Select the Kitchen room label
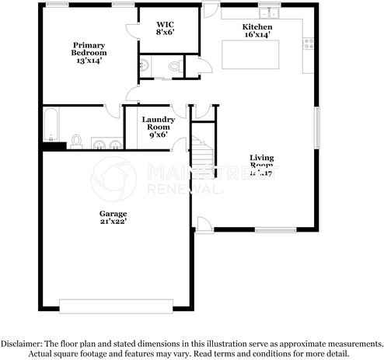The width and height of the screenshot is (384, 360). (x=257, y=30)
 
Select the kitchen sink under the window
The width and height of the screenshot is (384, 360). (x=269, y=13)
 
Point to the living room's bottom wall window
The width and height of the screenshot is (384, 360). (x=275, y=231)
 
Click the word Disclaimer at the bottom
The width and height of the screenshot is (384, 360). (x=24, y=343)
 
